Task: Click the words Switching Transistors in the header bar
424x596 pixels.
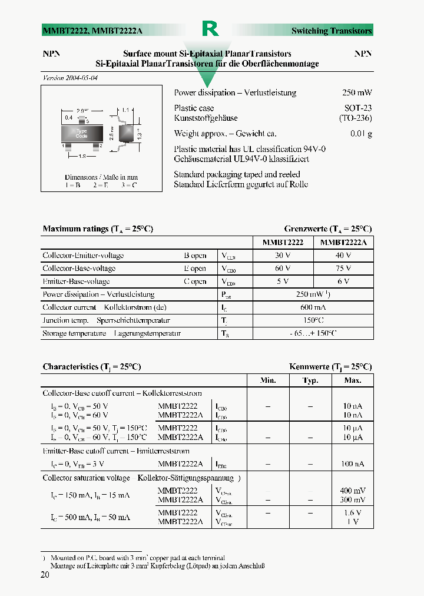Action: click(x=332, y=31)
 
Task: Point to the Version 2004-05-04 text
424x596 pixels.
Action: click(x=70, y=78)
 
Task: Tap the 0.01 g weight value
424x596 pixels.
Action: click(x=361, y=134)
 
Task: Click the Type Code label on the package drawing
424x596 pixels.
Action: click(x=81, y=133)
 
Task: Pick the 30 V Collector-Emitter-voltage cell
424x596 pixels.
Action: click(x=282, y=256)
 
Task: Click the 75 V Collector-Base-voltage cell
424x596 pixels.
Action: click(x=343, y=269)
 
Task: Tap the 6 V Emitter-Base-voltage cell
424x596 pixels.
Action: click(x=343, y=282)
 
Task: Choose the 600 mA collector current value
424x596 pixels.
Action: click(x=313, y=307)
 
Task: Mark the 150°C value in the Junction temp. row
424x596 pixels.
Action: click(x=313, y=320)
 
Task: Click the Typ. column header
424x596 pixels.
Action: click(x=310, y=380)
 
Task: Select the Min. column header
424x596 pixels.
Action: click(x=268, y=380)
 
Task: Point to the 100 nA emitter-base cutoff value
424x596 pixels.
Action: click(x=353, y=464)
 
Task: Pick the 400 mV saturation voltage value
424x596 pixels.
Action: click(x=353, y=491)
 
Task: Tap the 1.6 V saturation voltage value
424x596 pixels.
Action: click(x=353, y=513)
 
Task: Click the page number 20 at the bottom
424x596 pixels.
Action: click(x=45, y=575)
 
